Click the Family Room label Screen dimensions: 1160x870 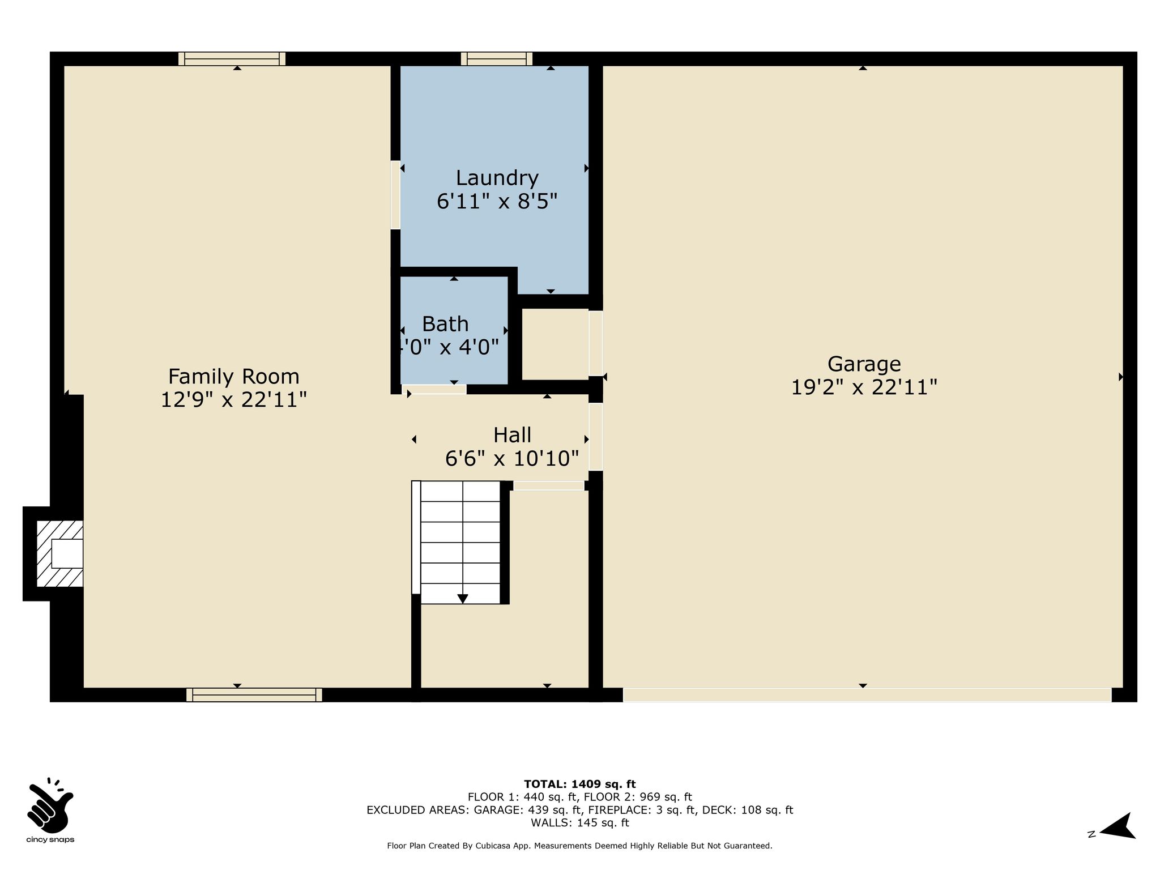click(x=233, y=377)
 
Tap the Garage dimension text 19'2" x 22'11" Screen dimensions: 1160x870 click(x=864, y=387)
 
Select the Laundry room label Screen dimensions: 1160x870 click(x=497, y=178)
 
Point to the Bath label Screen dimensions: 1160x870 click(x=445, y=324)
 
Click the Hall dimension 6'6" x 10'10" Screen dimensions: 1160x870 click(x=512, y=458)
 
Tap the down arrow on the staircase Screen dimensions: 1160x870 click(x=463, y=599)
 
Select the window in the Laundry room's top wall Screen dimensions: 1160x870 click(x=497, y=59)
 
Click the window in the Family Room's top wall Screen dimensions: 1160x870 click(x=232, y=59)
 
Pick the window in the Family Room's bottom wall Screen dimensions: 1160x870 click(x=254, y=695)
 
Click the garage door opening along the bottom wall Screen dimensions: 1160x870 click(x=867, y=695)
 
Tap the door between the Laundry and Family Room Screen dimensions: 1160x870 click(x=395, y=195)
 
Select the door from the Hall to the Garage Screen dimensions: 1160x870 click(x=595, y=437)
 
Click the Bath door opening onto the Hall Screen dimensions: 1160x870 click(x=434, y=389)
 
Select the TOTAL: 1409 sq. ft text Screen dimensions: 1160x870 click(x=580, y=784)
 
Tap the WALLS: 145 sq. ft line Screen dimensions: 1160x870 click(x=580, y=823)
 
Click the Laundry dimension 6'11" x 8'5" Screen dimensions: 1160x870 click(x=497, y=202)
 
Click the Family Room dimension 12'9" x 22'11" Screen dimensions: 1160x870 click(x=234, y=400)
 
